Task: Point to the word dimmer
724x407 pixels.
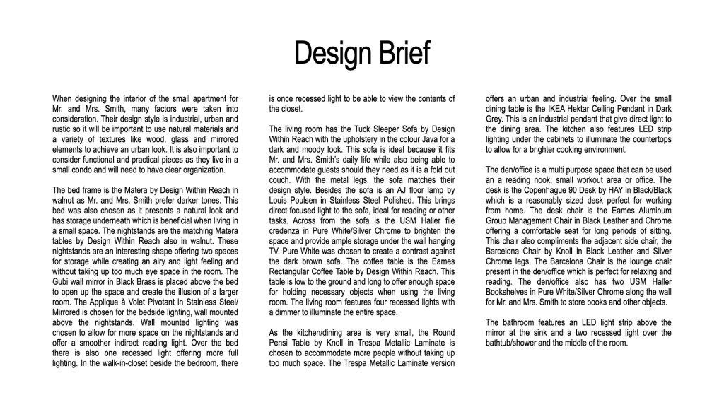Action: (x=292, y=313)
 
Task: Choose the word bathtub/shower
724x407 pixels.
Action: (x=517, y=343)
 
